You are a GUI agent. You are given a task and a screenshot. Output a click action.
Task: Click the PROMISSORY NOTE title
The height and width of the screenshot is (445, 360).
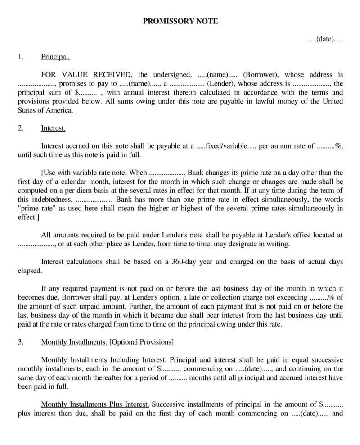coord(180,21)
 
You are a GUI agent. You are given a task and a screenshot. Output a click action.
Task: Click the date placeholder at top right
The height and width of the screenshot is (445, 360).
coord(325,39)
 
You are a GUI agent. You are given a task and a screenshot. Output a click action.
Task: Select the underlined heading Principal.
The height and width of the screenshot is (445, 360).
coord(55,57)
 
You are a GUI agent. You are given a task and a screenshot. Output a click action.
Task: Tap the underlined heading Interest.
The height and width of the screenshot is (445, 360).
coord(53,128)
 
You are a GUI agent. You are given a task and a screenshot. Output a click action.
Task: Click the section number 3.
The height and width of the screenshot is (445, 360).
coord(20,342)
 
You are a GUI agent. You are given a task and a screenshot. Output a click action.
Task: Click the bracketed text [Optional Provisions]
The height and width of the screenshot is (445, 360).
coord(141,342)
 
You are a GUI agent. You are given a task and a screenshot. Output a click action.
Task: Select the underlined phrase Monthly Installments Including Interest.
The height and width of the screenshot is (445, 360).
coord(104,360)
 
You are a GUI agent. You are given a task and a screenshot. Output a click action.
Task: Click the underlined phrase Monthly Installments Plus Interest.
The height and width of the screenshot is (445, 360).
coord(95,404)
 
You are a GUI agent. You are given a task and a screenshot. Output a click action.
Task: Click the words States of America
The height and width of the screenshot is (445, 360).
coord(45,110)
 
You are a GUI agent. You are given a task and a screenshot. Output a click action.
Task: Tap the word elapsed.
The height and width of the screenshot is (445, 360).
coord(30,271)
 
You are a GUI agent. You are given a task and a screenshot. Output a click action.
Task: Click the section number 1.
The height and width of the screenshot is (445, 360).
coord(20,57)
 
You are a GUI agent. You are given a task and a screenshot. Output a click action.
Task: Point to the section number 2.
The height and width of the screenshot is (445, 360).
coord(20,128)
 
